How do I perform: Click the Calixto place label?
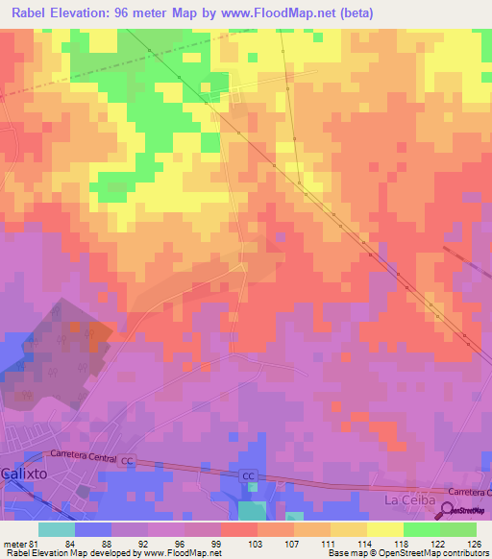23,474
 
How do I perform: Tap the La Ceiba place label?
409,500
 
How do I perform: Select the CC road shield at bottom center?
248,476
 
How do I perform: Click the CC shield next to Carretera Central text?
127,462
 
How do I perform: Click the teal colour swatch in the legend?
57,529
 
